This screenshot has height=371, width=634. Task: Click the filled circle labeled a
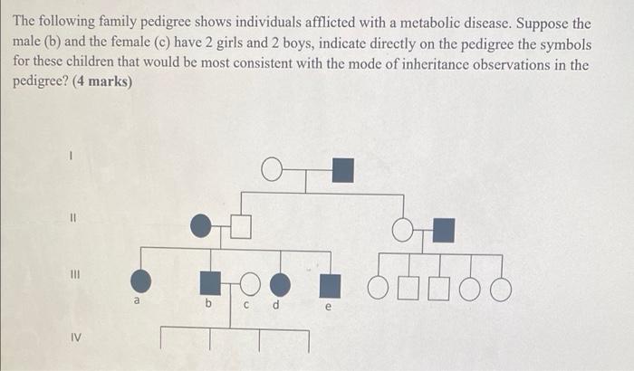pyautogui.click(x=142, y=283)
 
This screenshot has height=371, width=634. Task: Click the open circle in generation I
pyautogui.click(x=271, y=169)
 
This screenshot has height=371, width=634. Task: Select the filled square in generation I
pyautogui.click(x=342, y=169)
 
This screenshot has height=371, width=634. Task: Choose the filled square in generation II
pyautogui.click(x=443, y=231)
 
